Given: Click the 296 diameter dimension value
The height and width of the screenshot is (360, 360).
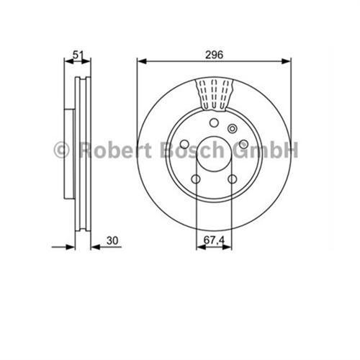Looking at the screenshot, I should [x=213, y=53].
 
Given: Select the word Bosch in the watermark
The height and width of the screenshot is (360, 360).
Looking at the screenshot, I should [x=188, y=150].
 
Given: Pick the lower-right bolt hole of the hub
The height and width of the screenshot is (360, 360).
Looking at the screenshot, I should [x=232, y=179].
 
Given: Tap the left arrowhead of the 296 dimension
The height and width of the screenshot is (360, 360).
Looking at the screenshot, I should [x=140, y=62].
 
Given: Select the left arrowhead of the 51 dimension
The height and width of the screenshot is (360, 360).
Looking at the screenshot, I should [x=67, y=62].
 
